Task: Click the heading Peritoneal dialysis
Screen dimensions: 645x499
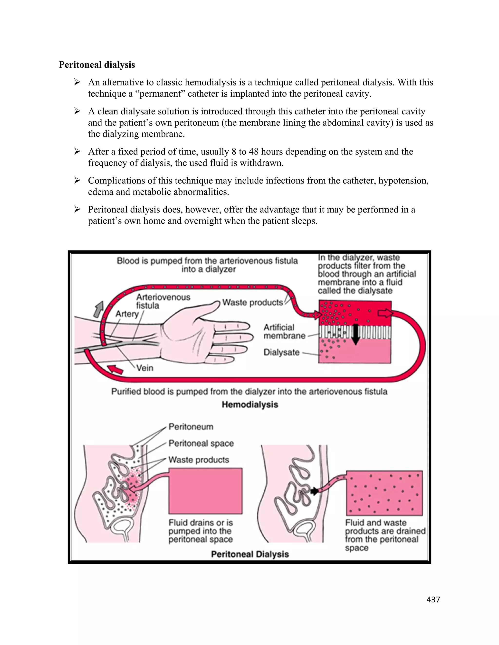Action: pos(97,65)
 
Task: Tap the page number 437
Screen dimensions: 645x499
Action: pos(433,599)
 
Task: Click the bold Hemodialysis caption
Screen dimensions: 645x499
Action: pos(250,404)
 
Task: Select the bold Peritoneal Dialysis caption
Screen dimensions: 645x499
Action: pos(250,554)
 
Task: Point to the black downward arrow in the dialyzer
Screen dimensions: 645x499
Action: pos(355,334)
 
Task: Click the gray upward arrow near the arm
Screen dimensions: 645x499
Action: pos(99,309)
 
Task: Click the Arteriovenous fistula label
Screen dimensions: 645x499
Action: pos(163,301)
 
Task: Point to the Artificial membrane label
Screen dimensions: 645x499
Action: pos(284,331)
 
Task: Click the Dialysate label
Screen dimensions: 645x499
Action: pos(281,352)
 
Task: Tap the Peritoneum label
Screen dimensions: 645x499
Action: pos(191,427)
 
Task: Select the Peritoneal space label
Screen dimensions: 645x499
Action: pos(201,443)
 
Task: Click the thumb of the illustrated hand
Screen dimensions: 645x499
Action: pos(207,307)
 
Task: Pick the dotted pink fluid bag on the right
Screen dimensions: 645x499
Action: pos(384,493)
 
